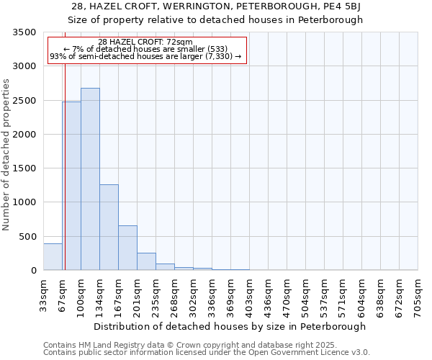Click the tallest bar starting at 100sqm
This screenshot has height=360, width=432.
pyautogui.click(x=90, y=179)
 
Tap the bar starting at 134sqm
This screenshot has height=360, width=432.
pyautogui.click(x=109, y=228)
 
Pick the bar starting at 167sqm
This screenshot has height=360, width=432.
pyautogui.click(x=127, y=248)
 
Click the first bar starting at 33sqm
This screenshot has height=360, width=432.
pyautogui.click(x=53, y=257)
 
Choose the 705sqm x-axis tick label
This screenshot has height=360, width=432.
pyautogui.click(x=418, y=294)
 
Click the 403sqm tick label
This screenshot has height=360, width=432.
pyautogui.click(x=250, y=294)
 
